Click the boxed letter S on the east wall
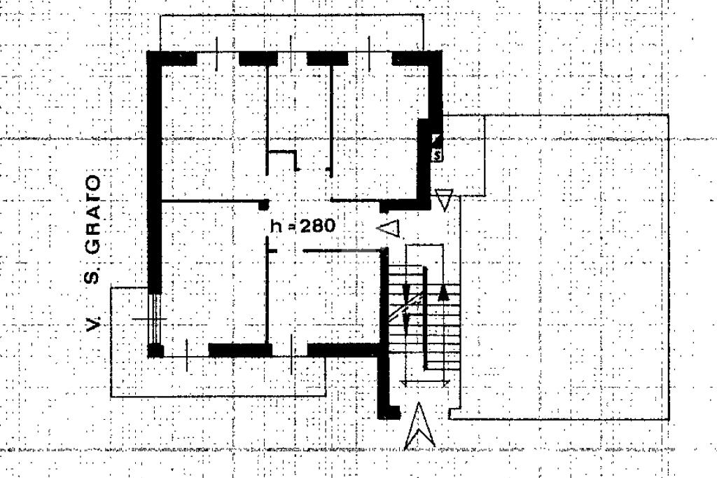pos(438,153)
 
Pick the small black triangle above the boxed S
pos(436,137)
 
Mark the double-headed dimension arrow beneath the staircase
pos(425,381)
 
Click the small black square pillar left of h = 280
pos(264,205)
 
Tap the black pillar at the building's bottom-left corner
pos(155,350)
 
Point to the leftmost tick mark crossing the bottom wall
pos(187,354)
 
